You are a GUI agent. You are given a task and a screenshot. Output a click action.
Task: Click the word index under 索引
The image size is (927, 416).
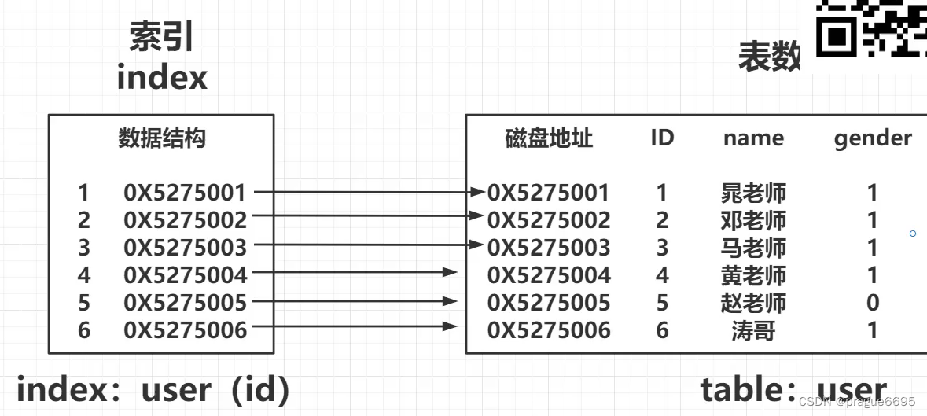(x=162, y=78)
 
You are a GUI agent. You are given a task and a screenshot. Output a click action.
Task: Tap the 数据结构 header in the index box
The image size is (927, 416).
(x=162, y=139)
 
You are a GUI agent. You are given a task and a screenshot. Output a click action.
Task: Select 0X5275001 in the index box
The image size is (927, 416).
(x=185, y=192)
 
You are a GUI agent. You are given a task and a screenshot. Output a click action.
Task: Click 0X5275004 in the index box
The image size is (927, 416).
(x=185, y=275)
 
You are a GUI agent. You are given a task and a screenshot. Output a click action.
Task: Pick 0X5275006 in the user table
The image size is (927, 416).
(x=549, y=330)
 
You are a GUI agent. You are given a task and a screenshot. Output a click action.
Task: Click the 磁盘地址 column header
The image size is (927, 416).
(x=549, y=139)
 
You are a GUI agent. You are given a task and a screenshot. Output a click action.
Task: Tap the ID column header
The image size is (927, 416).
(x=662, y=138)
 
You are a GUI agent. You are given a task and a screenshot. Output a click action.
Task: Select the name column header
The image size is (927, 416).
(x=753, y=139)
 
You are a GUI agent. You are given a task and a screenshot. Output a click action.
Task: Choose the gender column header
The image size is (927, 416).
(x=873, y=139)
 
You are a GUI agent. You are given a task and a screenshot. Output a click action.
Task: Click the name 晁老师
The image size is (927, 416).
(x=753, y=193)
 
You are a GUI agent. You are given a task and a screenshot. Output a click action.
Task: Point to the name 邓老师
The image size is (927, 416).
(x=753, y=220)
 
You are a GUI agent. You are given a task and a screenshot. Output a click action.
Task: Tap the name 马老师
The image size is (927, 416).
(x=753, y=248)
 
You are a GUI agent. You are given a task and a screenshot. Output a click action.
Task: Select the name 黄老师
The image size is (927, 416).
(x=753, y=275)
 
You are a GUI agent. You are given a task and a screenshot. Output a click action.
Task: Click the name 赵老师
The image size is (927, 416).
(x=753, y=303)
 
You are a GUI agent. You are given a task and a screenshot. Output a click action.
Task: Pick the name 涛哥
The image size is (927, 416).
(x=753, y=330)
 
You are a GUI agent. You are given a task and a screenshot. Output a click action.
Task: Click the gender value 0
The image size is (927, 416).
(x=872, y=303)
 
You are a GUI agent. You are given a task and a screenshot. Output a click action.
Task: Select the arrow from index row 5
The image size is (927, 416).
(x=354, y=301)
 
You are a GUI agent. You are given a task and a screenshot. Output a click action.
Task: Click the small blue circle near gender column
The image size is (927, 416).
(x=913, y=234)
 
